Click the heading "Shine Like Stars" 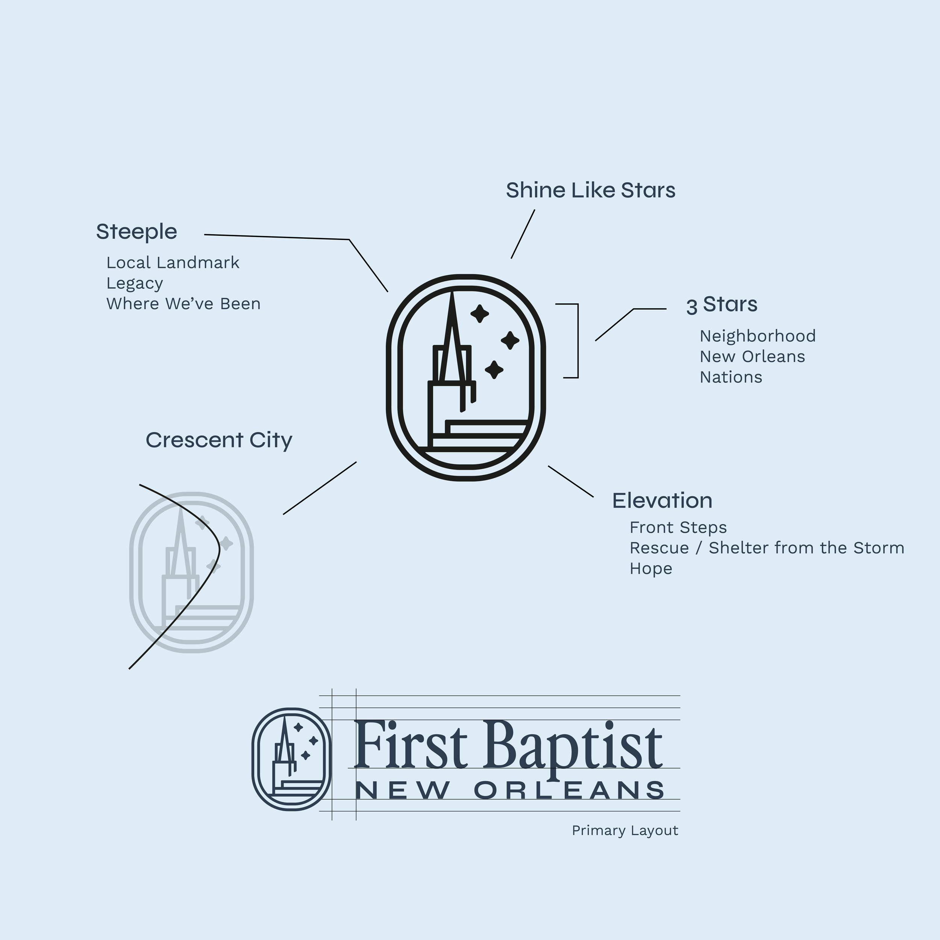click(x=590, y=190)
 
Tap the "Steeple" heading click(x=136, y=232)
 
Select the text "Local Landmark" click(x=173, y=263)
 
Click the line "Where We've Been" click(x=183, y=303)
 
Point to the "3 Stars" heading click(x=722, y=305)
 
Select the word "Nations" click(x=731, y=377)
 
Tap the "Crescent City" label click(x=219, y=440)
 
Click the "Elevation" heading click(x=662, y=501)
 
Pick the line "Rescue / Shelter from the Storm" click(x=767, y=548)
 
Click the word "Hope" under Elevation click(x=650, y=568)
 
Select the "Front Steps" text click(x=678, y=528)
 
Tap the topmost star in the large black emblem click(x=480, y=314)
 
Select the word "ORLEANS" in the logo click(x=569, y=791)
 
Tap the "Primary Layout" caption click(x=625, y=831)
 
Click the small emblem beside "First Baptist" click(x=291, y=760)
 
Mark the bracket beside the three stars click(x=577, y=341)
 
